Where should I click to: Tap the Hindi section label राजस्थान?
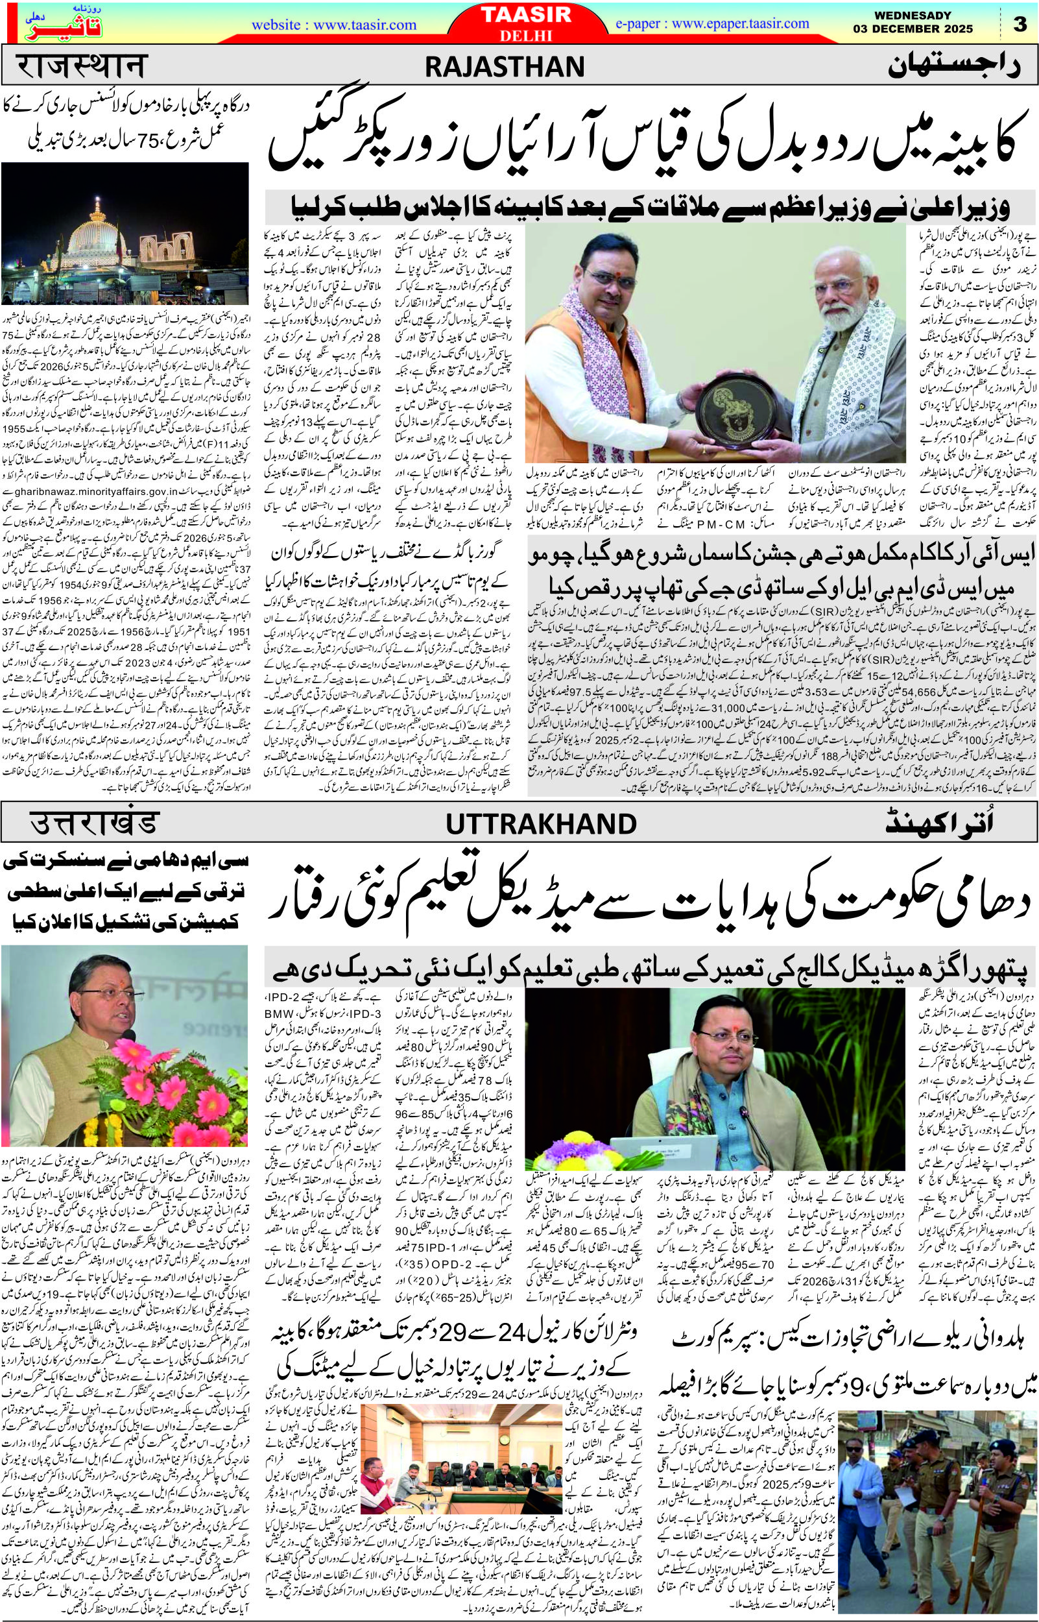80,67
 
